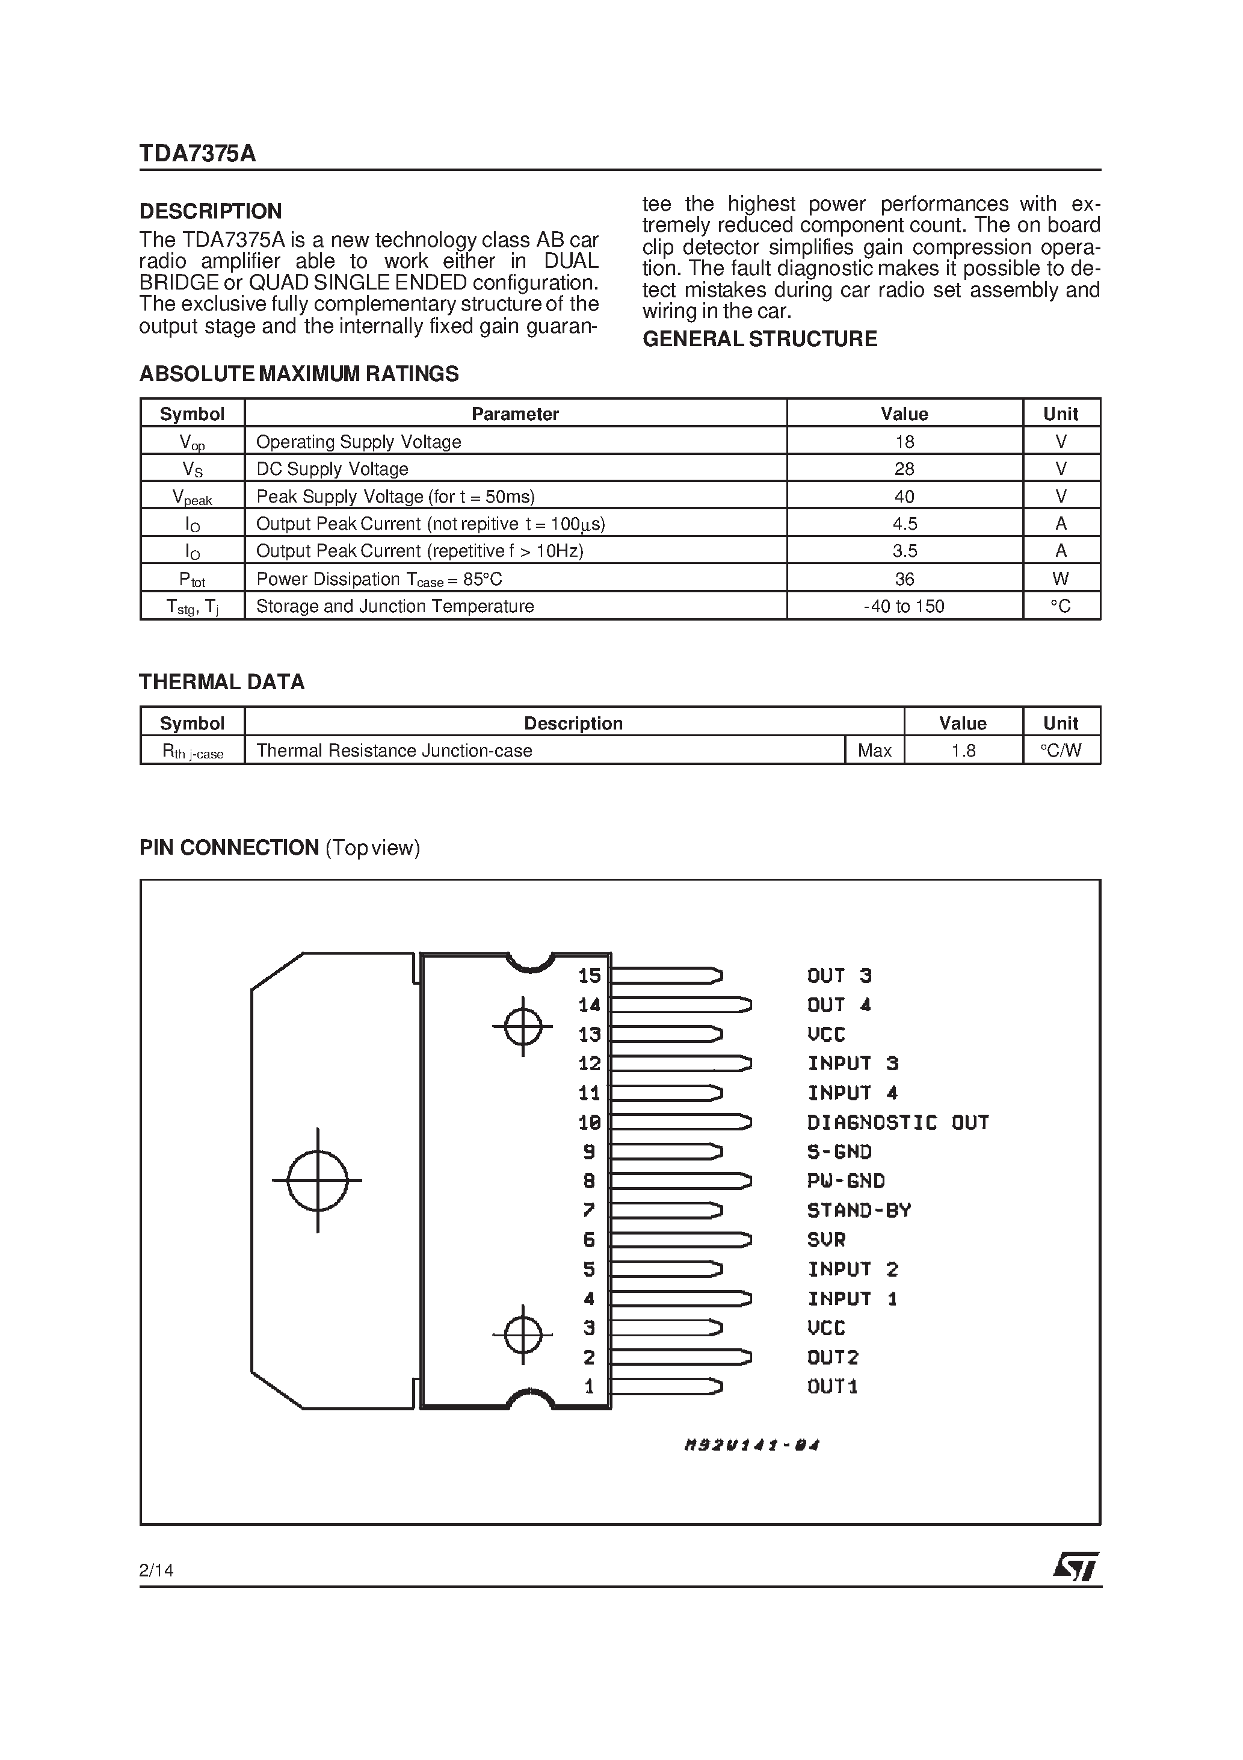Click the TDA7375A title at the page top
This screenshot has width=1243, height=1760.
[x=198, y=154]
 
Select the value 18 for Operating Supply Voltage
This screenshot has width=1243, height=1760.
[x=904, y=442]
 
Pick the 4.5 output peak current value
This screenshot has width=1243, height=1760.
[x=904, y=524]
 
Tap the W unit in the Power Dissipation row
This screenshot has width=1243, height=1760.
[x=1061, y=579]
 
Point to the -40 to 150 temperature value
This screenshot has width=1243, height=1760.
[x=904, y=606]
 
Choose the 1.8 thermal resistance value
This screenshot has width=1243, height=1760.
[x=963, y=751]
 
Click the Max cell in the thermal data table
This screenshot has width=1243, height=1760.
[x=874, y=751]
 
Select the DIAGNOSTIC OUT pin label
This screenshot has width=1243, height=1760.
[x=898, y=1123]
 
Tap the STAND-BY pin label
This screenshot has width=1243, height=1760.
[x=859, y=1210]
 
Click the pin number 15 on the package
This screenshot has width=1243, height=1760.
[x=590, y=976]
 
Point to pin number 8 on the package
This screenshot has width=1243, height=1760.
[x=590, y=1181]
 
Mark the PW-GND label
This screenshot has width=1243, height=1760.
[x=846, y=1181]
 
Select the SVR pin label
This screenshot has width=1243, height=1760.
[x=826, y=1239]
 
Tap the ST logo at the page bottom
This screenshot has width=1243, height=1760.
[x=1076, y=1567]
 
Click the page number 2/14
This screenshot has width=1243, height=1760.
[x=156, y=1570]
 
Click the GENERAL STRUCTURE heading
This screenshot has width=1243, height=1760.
[x=759, y=339]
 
